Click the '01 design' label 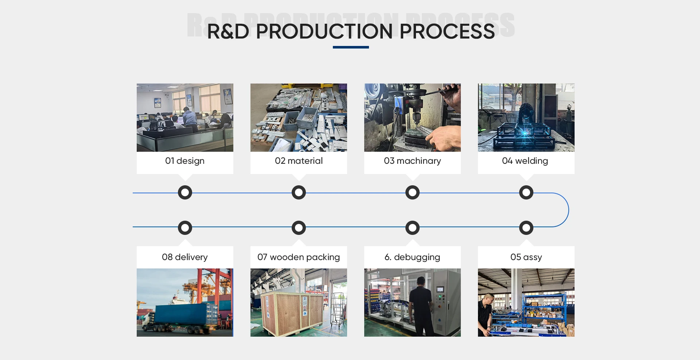click(185, 161)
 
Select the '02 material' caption click(299, 161)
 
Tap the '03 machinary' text click(412, 161)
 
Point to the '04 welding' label click(525, 161)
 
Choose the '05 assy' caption click(526, 257)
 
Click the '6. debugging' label click(412, 257)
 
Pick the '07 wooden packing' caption click(299, 257)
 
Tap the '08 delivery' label click(185, 257)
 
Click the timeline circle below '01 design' click(185, 193)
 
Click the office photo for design click(185, 117)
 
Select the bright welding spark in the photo click(525, 133)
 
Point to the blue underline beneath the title click(351, 47)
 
